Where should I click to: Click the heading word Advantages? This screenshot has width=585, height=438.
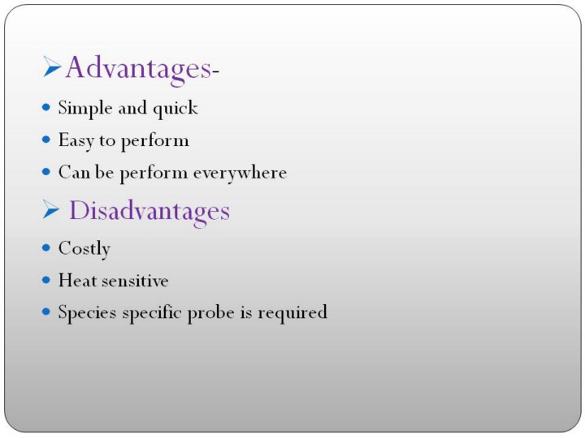139,69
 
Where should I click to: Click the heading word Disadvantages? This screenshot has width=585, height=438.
149,211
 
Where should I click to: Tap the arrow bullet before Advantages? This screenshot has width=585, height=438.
52,67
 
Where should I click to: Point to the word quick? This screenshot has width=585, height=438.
175,109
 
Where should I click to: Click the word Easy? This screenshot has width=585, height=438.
76,141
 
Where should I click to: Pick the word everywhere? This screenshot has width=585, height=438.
240,174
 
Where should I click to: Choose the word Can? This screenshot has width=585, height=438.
74,172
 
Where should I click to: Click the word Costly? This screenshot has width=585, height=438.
84,249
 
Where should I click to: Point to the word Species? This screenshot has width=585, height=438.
87,313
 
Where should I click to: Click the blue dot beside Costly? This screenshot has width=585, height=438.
45,247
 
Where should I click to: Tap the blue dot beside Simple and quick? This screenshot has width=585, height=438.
45,108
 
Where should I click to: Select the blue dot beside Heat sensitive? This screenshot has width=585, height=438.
45,280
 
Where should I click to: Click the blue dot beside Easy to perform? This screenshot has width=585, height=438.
45,140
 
